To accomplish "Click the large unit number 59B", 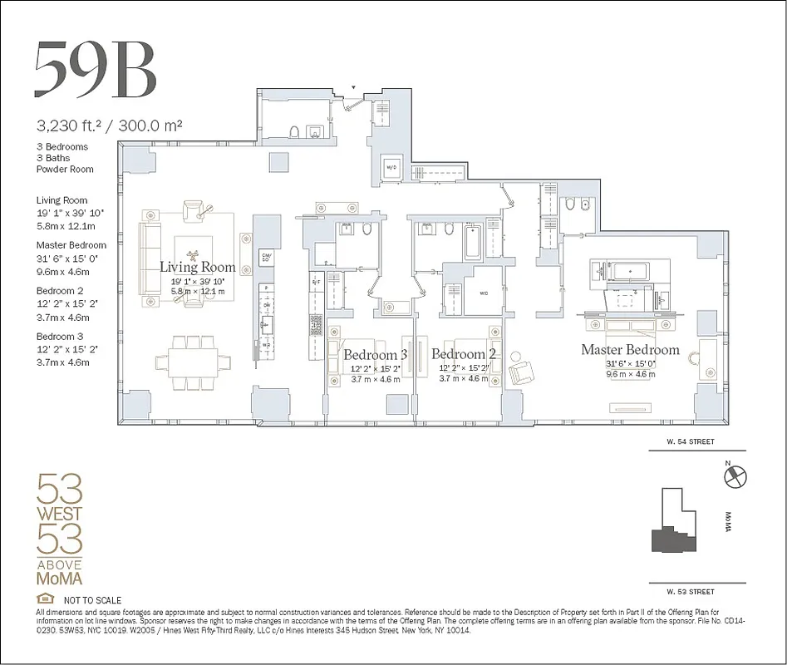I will click(95, 69).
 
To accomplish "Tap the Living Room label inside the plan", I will click(197, 268).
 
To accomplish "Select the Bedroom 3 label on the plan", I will click(375, 355).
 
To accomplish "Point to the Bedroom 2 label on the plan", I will click(463, 355).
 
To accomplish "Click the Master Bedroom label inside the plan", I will click(629, 350).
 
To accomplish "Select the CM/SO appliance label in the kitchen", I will click(267, 257).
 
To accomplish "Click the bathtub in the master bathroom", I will click(624, 271).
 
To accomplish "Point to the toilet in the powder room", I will click(293, 131).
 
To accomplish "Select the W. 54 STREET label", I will click(689, 442).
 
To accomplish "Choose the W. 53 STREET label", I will click(689, 592).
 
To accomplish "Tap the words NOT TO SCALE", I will click(92, 600).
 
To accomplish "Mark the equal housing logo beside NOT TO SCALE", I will click(45, 599).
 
